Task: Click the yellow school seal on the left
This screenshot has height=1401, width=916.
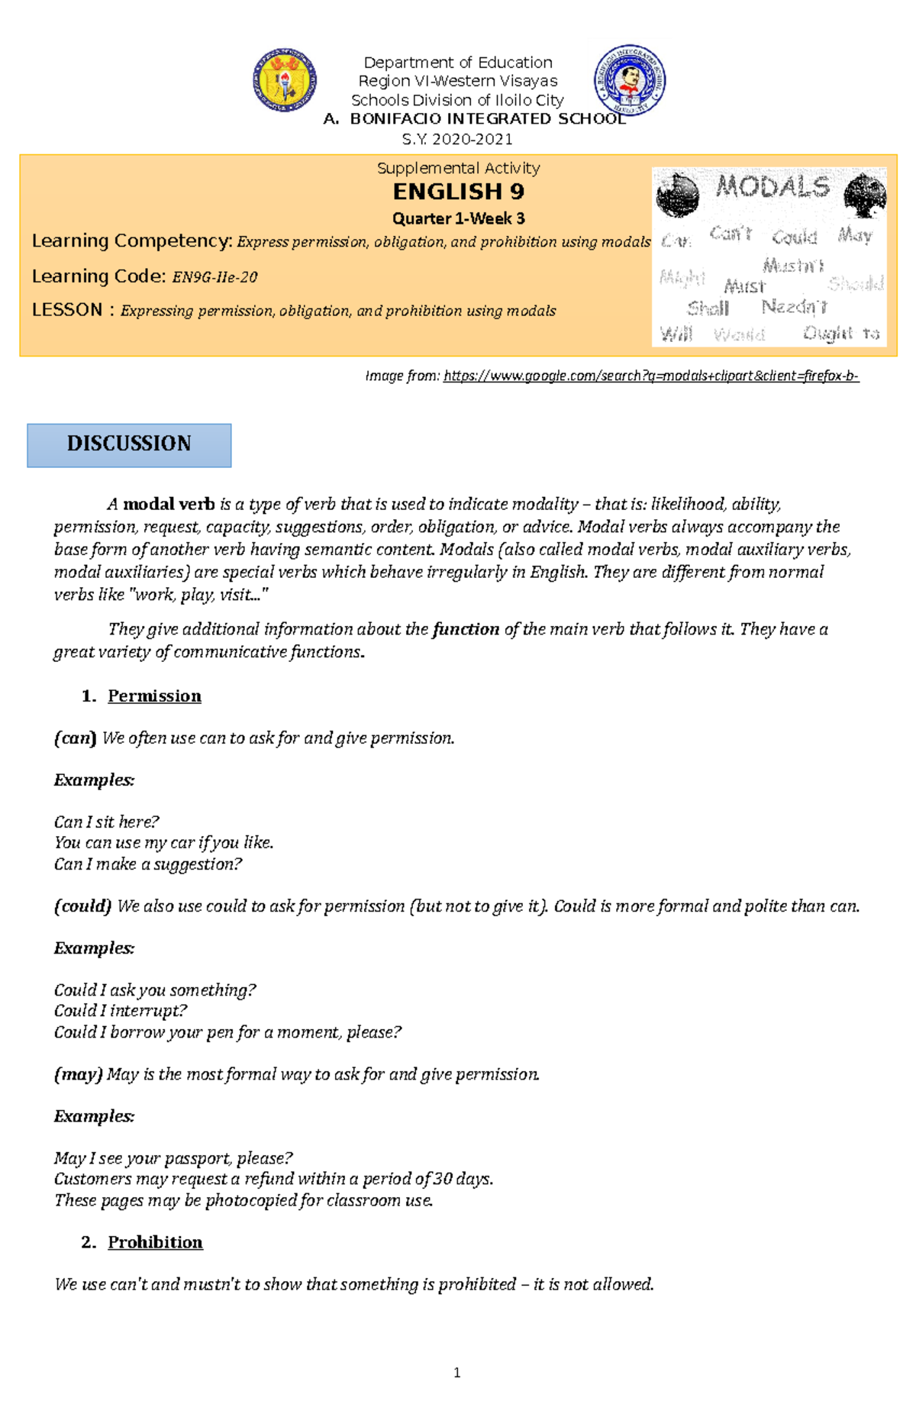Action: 285,80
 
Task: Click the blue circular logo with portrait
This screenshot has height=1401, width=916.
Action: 630,79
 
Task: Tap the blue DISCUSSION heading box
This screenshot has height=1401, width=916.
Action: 129,445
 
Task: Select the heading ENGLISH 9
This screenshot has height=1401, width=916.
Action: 458,191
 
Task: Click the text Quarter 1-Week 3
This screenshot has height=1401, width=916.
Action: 458,218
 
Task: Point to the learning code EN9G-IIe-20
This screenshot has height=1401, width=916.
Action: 215,277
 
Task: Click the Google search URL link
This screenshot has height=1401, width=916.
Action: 650,375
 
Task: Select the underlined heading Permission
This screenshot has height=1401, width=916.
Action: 154,696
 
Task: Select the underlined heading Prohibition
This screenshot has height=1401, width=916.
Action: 155,1241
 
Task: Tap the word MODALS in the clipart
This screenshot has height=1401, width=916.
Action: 772,187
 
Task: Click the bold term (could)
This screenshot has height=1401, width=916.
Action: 82,905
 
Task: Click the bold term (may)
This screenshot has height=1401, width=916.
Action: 78,1073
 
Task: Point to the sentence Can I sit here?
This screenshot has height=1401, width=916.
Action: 106,822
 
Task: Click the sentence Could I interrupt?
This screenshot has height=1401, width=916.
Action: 120,1010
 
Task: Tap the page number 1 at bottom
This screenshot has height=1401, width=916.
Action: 456,1372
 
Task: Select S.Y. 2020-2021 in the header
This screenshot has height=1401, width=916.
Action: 457,139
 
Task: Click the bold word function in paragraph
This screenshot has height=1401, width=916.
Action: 466,629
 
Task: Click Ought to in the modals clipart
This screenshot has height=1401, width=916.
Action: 840,333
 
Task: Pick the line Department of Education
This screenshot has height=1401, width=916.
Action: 457,63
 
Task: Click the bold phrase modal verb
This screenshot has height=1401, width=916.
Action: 169,504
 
